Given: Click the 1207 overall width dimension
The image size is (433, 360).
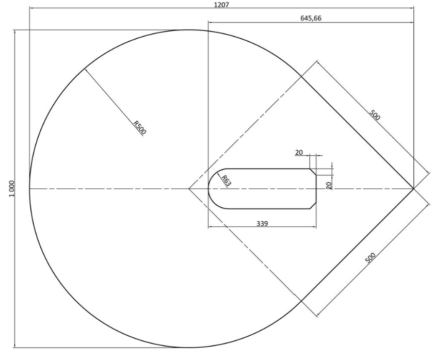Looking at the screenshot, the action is click(221, 5).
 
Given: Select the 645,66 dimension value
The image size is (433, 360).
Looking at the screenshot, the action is click(311, 18).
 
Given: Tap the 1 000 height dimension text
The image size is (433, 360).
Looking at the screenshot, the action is click(11, 189).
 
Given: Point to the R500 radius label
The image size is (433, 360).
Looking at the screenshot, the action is click(139, 127).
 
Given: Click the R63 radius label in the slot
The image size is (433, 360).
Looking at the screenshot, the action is click(226, 181).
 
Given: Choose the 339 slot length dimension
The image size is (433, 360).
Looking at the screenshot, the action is click(262, 223).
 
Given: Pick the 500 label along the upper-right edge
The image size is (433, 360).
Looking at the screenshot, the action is click(375, 115).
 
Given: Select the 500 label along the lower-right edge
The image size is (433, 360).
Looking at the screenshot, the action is click(370, 257).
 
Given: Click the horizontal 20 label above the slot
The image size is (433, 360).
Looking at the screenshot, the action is click(299, 152).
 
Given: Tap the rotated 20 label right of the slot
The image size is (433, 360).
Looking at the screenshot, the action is click(329, 185).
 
